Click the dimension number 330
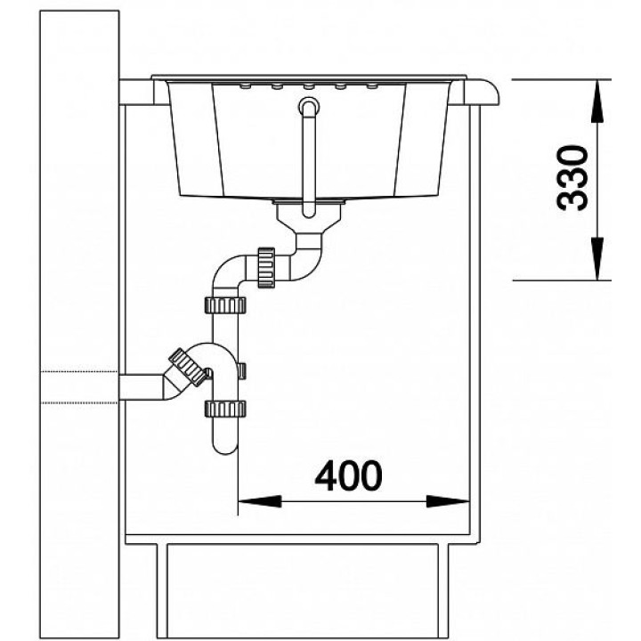[572, 178]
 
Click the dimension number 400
[349, 475]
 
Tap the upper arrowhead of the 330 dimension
[597, 101]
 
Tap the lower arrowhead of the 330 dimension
[597, 259]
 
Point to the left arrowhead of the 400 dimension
[260, 501]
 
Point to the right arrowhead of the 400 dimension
[448, 501]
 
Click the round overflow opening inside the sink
[309, 106]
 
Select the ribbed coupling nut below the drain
[265, 267]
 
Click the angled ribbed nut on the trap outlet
[188, 367]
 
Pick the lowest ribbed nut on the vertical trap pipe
[225, 409]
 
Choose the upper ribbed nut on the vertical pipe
[225, 305]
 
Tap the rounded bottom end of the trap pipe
[225, 446]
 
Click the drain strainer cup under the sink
[309, 215]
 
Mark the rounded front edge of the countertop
[489, 93]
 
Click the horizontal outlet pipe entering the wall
[141, 387]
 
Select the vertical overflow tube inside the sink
[309, 158]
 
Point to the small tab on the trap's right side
[242, 370]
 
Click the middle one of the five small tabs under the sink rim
[309, 86]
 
